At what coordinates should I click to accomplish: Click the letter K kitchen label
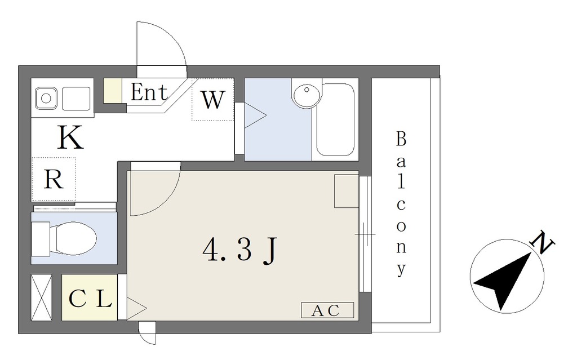pos(70,137)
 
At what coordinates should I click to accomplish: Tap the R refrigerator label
pos(54,179)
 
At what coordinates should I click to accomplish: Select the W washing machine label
pos(212,99)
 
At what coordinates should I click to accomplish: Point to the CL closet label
pos(90,299)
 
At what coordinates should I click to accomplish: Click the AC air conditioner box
pos(327,310)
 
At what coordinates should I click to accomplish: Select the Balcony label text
pos(401,204)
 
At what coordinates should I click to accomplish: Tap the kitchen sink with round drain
pos(46,98)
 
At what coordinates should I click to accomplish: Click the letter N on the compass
pos(542,242)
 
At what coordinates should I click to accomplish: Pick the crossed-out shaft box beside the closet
pos(42,297)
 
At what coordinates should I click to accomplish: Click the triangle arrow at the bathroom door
pos(255,115)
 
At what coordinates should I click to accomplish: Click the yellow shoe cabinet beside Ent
pos(112,91)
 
